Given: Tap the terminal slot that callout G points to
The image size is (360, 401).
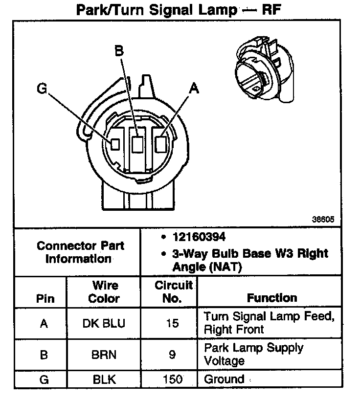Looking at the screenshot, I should pos(115,144).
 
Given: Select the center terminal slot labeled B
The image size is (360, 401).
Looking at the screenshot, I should pos(137,144).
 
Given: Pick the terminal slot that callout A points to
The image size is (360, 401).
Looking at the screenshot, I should pos(160,144).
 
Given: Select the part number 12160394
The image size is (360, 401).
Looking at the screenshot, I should pos(199,237).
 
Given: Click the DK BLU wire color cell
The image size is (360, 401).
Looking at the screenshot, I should pos(104,323).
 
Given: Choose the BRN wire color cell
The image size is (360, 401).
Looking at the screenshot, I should pos(104,354).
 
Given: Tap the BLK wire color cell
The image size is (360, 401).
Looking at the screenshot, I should pos(104,379).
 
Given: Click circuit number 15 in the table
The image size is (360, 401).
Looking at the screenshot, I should pos(172,323).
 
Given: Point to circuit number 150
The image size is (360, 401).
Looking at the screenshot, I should pos(172,379).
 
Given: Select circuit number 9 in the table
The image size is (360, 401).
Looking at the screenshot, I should pos(172,354).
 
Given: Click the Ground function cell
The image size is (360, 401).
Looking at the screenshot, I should pos(224,379).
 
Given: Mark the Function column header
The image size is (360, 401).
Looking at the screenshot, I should pos(272,298).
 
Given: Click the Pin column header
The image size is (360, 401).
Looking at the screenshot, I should pos(45,299).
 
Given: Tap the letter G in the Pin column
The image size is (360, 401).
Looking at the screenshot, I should pos(44,379).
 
